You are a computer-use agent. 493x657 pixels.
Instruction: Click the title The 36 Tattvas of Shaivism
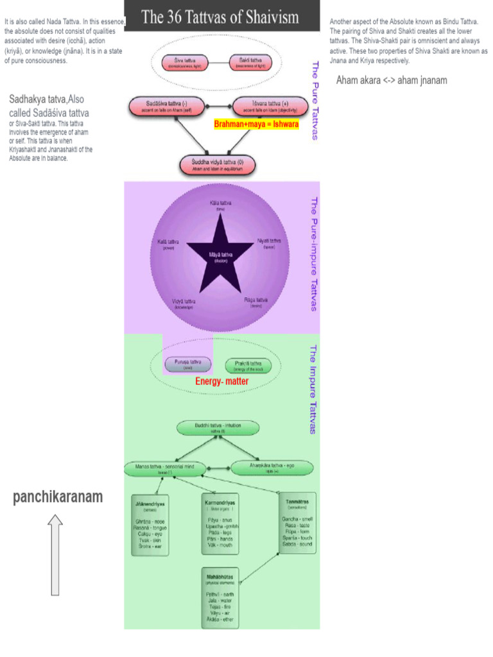tap(220, 17)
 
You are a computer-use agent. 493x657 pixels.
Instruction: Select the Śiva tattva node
tap(185, 63)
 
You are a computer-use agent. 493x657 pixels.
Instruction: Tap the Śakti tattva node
tap(250, 63)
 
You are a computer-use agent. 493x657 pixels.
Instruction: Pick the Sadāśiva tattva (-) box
tap(162, 105)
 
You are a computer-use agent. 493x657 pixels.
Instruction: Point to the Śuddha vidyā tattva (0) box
tap(218, 164)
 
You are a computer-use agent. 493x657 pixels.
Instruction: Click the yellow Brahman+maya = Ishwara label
tap(256, 124)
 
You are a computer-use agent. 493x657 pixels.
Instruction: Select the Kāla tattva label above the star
tap(221, 205)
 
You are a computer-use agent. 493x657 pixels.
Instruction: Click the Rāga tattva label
tap(255, 302)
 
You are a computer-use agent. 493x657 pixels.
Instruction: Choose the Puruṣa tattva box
tap(187, 364)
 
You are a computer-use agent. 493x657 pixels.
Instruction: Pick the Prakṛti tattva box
tap(248, 366)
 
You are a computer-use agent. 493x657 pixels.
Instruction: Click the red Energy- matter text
tap(221, 382)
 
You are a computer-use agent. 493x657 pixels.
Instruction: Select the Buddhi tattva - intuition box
tap(218, 428)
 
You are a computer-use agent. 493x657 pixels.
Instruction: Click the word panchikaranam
tap(58, 497)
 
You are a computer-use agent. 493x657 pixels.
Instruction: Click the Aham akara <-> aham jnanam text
tap(392, 80)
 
